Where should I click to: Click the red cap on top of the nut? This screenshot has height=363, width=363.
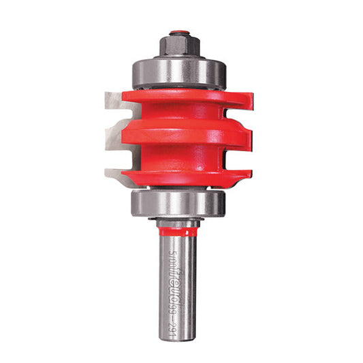pyautogui.click(x=179, y=31)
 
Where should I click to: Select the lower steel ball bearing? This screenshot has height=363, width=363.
pyautogui.click(x=179, y=202)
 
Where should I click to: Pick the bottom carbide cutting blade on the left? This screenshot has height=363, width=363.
pyautogui.click(x=114, y=175)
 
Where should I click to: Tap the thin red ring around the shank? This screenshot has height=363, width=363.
pyautogui.click(x=179, y=232)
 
